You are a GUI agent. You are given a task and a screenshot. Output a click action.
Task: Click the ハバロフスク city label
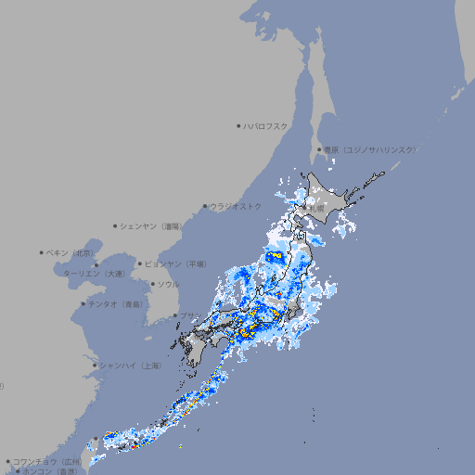point(265,125)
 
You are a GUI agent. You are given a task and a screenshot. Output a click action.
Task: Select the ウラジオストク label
point(236,206)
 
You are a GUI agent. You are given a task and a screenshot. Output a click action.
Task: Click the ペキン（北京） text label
point(71,252)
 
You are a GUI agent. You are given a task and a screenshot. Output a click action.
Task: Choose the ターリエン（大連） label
point(93,274)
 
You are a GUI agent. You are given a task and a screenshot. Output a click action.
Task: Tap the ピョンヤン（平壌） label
point(175,263)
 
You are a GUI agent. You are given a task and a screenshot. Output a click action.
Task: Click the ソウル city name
point(168,284)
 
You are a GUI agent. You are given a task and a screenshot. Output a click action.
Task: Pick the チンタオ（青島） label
point(116,303)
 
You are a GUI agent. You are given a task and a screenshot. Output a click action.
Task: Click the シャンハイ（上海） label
point(131,366)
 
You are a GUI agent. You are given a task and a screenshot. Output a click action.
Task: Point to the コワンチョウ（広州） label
point(47,461)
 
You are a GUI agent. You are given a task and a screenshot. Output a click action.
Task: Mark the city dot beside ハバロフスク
point(238,125)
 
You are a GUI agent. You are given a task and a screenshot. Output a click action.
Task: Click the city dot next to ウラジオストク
point(206,206)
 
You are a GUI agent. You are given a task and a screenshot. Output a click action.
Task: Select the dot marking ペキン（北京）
point(42,252)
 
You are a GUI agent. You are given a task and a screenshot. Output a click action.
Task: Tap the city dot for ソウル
point(152,284)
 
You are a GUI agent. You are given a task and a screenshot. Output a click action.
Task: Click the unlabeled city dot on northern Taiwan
point(95,440)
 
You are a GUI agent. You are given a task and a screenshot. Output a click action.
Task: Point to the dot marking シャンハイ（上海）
point(95,366)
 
